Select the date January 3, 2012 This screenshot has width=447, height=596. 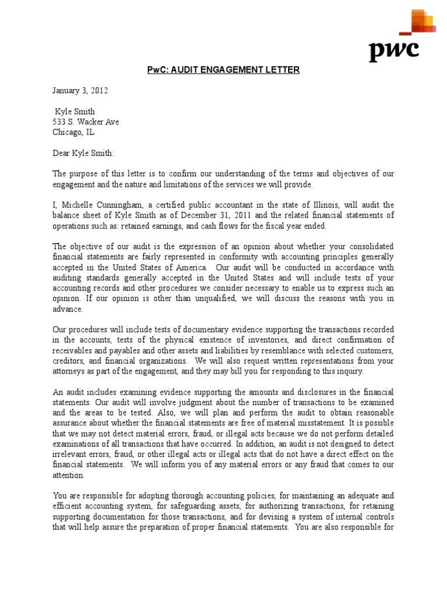(x=80, y=91)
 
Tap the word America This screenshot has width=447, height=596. (x=187, y=268)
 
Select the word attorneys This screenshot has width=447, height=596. (x=72, y=371)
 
